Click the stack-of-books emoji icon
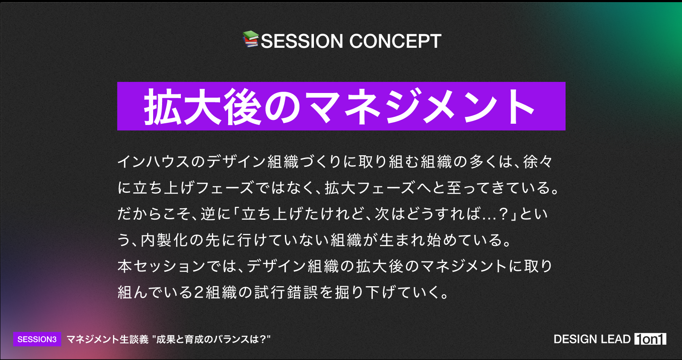click(250, 39)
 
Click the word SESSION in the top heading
click(302, 41)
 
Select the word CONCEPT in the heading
click(395, 41)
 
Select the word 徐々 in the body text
click(537, 161)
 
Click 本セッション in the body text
click(162, 266)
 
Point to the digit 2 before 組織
click(198, 292)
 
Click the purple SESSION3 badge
click(37, 339)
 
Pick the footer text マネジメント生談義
click(108, 339)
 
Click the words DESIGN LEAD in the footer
click(592, 339)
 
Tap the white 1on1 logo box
click(650, 339)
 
